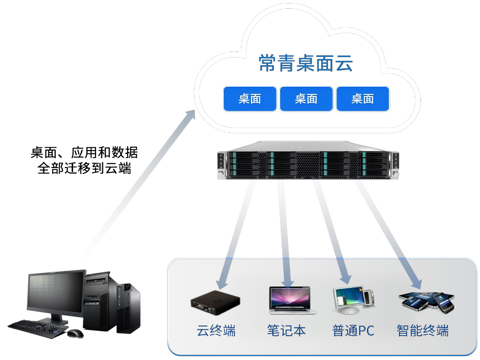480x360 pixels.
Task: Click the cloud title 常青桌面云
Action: click(x=306, y=63)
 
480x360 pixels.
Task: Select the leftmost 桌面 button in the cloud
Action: click(x=250, y=99)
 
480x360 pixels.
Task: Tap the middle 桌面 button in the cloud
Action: click(x=306, y=99)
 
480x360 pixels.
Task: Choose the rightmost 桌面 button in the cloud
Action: click(x=363, y=99)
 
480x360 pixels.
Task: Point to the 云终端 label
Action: click(x=216, y=331)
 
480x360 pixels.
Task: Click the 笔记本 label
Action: click(x=286, y=331)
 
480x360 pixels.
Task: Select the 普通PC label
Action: click(x=353, y=331)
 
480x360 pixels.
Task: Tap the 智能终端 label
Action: click(x=422, y=331)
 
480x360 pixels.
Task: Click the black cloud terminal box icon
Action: click(x=215, y=301)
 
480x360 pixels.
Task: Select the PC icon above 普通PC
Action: click(x=353, y=300)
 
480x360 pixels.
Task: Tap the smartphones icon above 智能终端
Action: click(x=426, y=302)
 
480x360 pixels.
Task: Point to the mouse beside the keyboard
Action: click(x=75, y=333)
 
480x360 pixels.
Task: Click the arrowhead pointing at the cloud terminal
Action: click(x=222, y=282)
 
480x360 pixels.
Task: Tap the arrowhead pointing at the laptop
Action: click(x=287, y=282)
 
